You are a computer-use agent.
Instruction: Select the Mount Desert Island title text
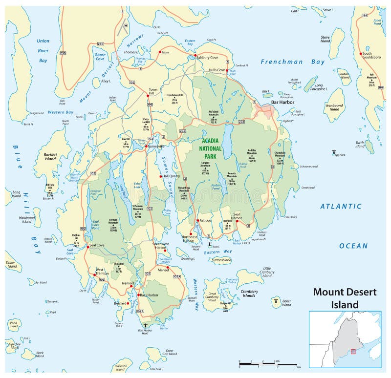[345, 298]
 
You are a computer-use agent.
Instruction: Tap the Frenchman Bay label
[292, 62]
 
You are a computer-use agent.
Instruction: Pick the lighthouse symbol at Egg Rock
[334, 151]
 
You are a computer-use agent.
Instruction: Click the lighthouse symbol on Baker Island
[277, 301]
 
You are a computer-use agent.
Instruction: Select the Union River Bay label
[43, 51]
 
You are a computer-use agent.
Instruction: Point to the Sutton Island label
[221, 260]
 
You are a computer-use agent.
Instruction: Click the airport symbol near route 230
[126, 25]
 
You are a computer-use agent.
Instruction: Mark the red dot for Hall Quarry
[160, 176]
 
